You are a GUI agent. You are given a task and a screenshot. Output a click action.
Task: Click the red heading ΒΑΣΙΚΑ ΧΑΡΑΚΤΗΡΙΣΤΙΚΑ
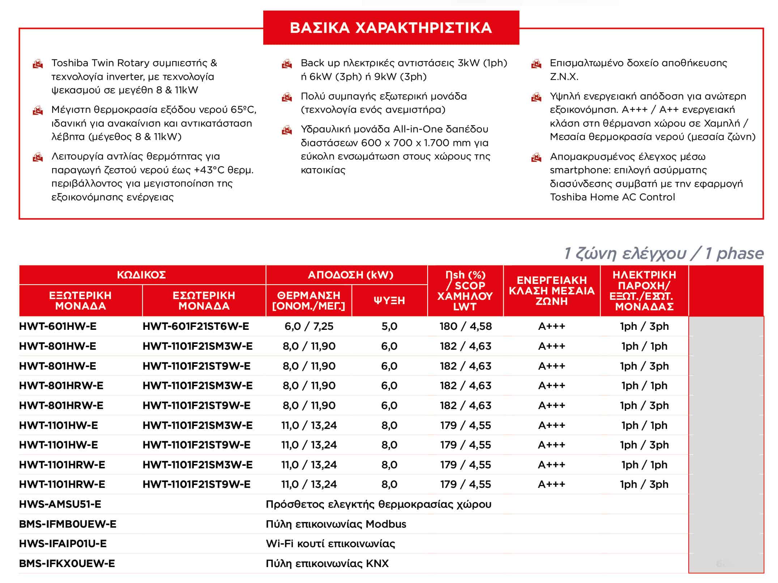pyautogui.click(x=391, y=28)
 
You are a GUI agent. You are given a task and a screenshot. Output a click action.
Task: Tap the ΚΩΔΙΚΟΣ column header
pyautogui.click(x=141, y=275)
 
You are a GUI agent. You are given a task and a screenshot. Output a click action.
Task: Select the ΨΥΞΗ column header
pyautogui.click(x=389, y=301)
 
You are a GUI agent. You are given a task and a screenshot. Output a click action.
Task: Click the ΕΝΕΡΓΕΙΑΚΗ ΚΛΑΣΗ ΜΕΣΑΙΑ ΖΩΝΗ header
pyautogui.click(x=551, y=290)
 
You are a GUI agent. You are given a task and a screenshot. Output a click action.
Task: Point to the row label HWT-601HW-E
pyautogui.click(x=58, y=326)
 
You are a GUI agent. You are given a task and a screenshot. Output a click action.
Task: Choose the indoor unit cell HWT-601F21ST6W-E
pyautogui.click(x=196, y=326)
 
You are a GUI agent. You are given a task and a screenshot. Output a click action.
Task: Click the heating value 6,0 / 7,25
pyautogui.click(x=309, y=326)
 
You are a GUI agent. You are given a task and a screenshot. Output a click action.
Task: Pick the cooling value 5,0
pyautogui.click(x=389, y=326)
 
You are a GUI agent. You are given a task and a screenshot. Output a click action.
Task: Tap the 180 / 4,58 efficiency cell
pyautogui.click(x=465, y=326)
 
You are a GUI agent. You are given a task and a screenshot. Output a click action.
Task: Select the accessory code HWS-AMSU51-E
pyautogui.click(x=60, y=504)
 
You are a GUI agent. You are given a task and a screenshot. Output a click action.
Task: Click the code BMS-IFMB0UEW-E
pyautogui.click(x=68, y=524)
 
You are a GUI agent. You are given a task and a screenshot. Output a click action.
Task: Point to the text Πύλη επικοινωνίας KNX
pyautogui.click(x=327, y=563)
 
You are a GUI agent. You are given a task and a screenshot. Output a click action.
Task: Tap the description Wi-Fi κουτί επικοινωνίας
pyautogui.click(x=330, y=544)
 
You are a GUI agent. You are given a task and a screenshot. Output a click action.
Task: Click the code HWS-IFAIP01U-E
pyautogui.click(x=63, y=544)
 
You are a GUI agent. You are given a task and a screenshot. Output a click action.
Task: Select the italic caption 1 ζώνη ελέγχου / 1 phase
pyautogui.click(x=663, y=254)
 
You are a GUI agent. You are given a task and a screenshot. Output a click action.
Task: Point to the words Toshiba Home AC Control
pyautogui.click(x=612, y=197)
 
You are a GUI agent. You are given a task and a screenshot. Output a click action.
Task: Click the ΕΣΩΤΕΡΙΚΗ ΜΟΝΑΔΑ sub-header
pyautogui.click(x=204, y=301)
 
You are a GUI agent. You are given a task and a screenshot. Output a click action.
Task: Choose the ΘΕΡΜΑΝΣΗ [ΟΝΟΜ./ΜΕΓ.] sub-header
pyautogui.click(x=308, y=301)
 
